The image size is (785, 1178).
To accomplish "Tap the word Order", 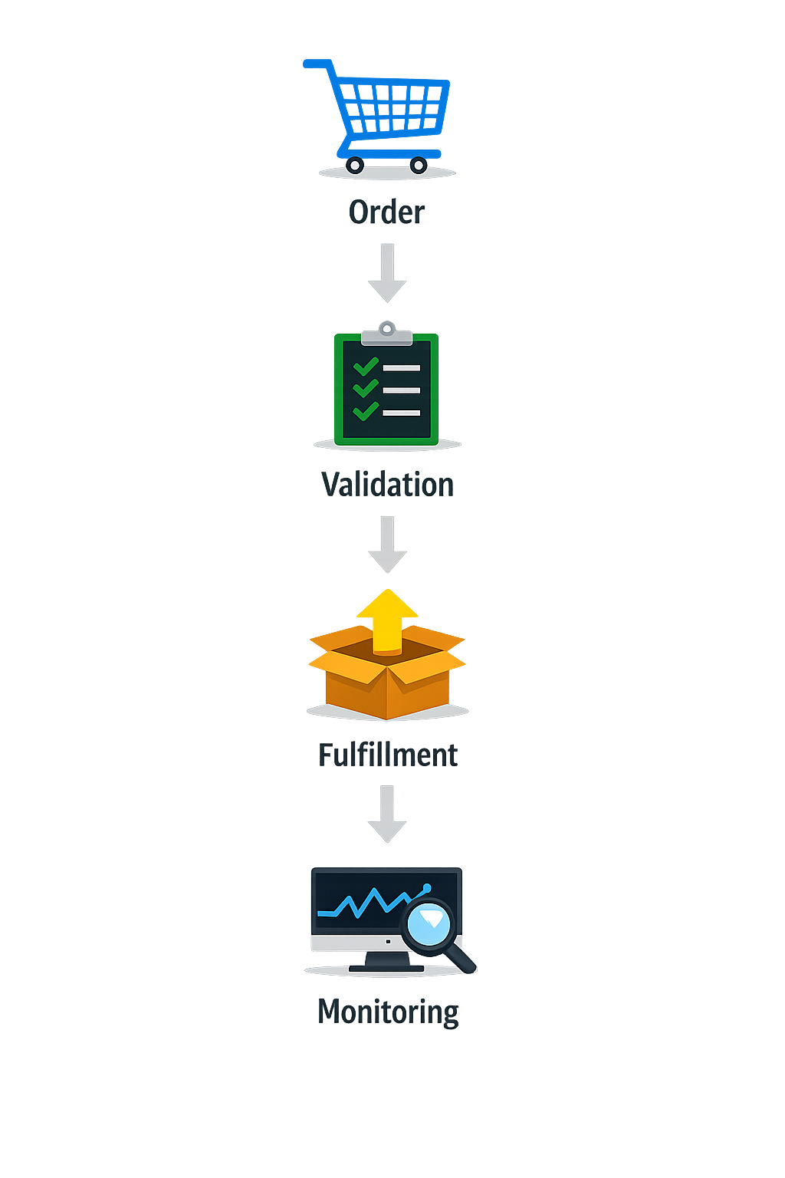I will [386, 212].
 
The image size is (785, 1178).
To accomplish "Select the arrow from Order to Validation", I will [387, 273].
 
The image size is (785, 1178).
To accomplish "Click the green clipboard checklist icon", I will [386, 389].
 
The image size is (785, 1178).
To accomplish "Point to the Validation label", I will [387, 485].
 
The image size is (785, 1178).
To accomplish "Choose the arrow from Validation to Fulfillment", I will [387, 544].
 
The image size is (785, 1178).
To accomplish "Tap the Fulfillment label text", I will [388, 755].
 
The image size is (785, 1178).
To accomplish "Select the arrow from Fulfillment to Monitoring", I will [387, 814].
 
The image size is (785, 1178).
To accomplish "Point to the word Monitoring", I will [388, 1012].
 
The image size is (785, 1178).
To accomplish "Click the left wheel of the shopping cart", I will [354, 165].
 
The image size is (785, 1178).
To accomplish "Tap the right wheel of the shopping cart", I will [419, 165].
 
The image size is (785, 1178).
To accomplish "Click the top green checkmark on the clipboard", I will [366, 366].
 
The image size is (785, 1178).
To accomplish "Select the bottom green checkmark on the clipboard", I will [366, 411].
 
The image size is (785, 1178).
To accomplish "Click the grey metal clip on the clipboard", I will [387, 334].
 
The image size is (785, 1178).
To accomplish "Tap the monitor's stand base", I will [386, 968].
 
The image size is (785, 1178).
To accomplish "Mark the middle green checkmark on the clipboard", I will [366, 388].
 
